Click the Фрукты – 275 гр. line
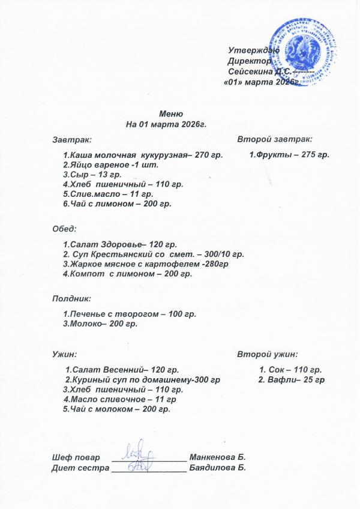pyautogui.click(x=290, y=155)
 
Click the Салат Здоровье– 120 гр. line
pyautogui.click(x=119, y=245)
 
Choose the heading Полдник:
pyautogui.click(x=71, y=298)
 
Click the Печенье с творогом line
pyautogui.click(x=130, y=314)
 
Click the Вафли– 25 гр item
pyautogui.click(x=291, y=381)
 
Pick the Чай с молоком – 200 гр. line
pyautogui.click(x=117, y=409)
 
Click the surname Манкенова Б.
pyautogui.click(x=218, y=458)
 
